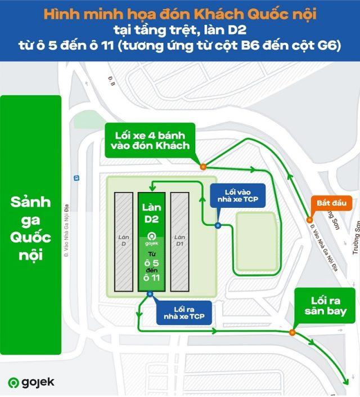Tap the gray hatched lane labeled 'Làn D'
click(x=124, y=242)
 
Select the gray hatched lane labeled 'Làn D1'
click(x=179, y=242)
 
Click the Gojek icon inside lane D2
click(x=151, y=237)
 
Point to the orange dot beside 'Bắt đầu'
click(x=309, y=220)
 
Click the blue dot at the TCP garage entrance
click(x=218, y=226)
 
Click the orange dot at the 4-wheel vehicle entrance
click(x=202, y=166)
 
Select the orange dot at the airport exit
click(x=291, y=332)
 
